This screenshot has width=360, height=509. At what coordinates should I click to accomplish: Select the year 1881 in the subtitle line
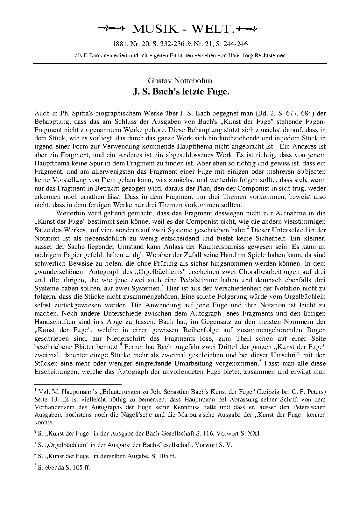point(120,44)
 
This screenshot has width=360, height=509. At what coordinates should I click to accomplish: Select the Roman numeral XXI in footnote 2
point(255,433)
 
